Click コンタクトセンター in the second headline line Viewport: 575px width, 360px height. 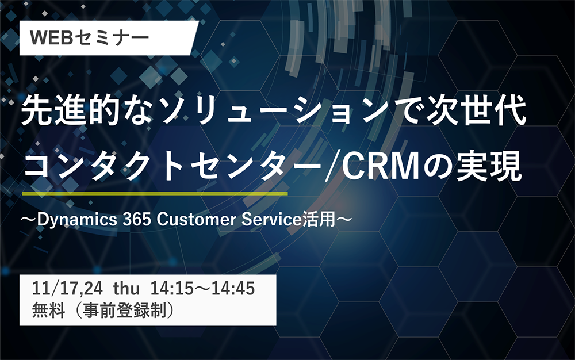pos(172,166)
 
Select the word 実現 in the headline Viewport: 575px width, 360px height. pos(489,166)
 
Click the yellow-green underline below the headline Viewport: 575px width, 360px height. pos(155,193)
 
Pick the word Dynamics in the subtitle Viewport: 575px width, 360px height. pos(77,220)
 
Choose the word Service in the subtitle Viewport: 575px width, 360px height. pos(271,219)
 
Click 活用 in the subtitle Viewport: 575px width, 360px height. pos(319,219)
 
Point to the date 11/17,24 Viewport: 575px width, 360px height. pos(67,289)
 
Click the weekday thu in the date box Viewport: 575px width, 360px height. pos(126,289)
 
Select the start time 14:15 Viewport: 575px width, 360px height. pos(171,289)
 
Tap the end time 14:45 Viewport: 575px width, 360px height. pos(233,289)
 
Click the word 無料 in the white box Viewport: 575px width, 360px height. pos(48,310)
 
